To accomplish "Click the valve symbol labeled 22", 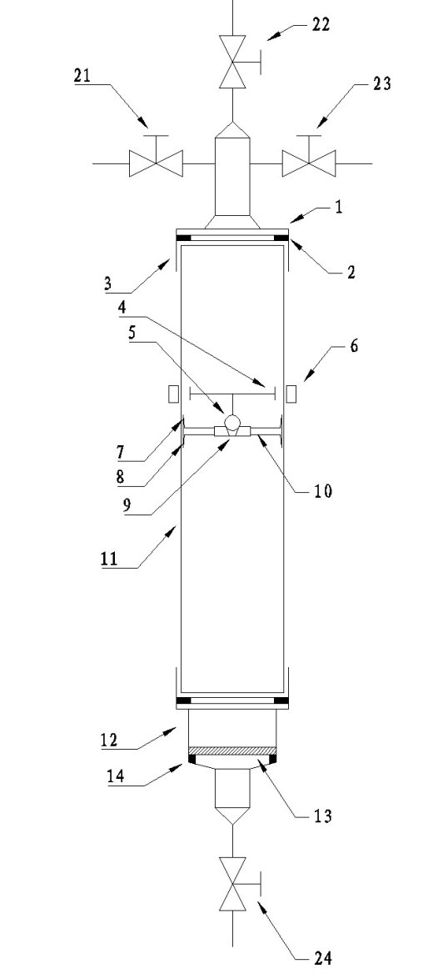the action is point(233,62).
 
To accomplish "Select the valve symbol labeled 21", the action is point(156,159).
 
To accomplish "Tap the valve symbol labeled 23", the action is point(308,159).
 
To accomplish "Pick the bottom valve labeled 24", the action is point(233,884).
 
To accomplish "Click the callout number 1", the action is point(338,208).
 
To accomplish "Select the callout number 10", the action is point(322,491).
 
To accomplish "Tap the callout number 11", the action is point(109,558).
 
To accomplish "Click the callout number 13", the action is point(322,816).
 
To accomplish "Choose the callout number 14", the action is point(115,776).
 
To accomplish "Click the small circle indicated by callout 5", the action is point(232,424).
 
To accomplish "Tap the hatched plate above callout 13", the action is point(232,751).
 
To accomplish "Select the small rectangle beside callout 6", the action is point(291,394).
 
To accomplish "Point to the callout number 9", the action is point(127,505).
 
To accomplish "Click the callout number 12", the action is point(110,741).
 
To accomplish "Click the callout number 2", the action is point(351,272).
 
